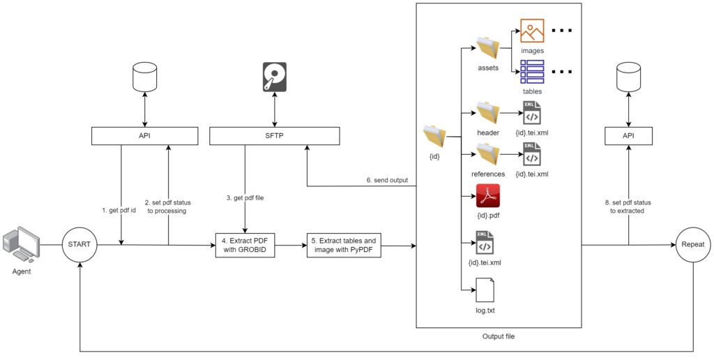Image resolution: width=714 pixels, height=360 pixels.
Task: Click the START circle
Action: click(81, 245)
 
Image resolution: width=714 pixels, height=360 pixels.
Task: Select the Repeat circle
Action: click(694, 245)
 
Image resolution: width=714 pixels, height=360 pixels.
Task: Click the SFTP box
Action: click(275, 135)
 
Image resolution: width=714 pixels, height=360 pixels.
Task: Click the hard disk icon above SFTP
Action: click(275, 77)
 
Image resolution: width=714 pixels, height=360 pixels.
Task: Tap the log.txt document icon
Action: click(485, 289)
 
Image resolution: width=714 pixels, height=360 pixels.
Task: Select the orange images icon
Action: click(532, 32)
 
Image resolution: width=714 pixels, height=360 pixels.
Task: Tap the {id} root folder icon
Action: click(434, 135)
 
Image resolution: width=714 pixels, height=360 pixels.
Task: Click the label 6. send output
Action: click(387, 181)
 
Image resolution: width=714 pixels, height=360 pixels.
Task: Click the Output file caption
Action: click(498, 337)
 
